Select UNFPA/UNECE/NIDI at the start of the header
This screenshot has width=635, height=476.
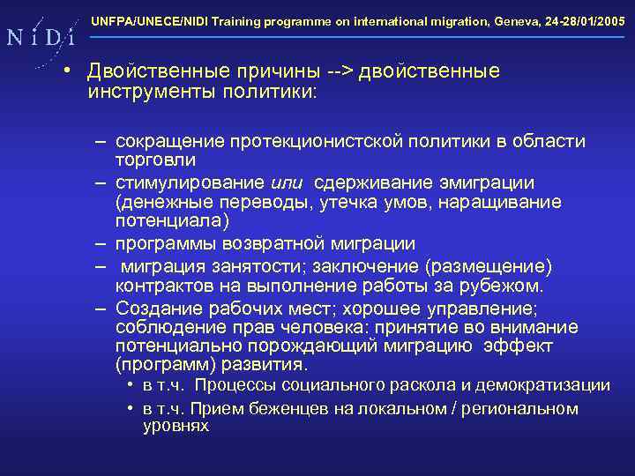pyautogui.click(x=141, y=19)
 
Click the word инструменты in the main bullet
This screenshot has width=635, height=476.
pyautogui.click(x=151, y=93)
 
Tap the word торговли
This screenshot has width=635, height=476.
pyautogui.click(x=155, y=160)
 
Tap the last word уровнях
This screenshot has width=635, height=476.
pyautogui.click(x=176, y=426)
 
